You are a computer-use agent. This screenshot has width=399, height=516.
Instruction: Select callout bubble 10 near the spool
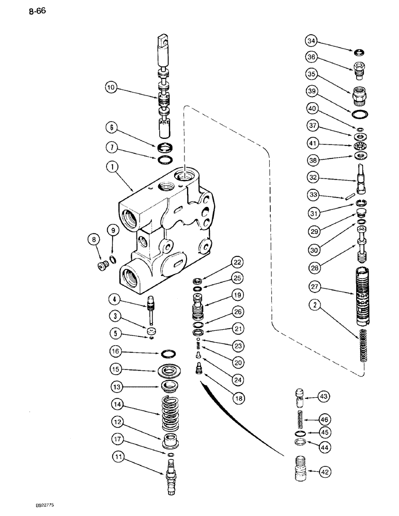(112, 87)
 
